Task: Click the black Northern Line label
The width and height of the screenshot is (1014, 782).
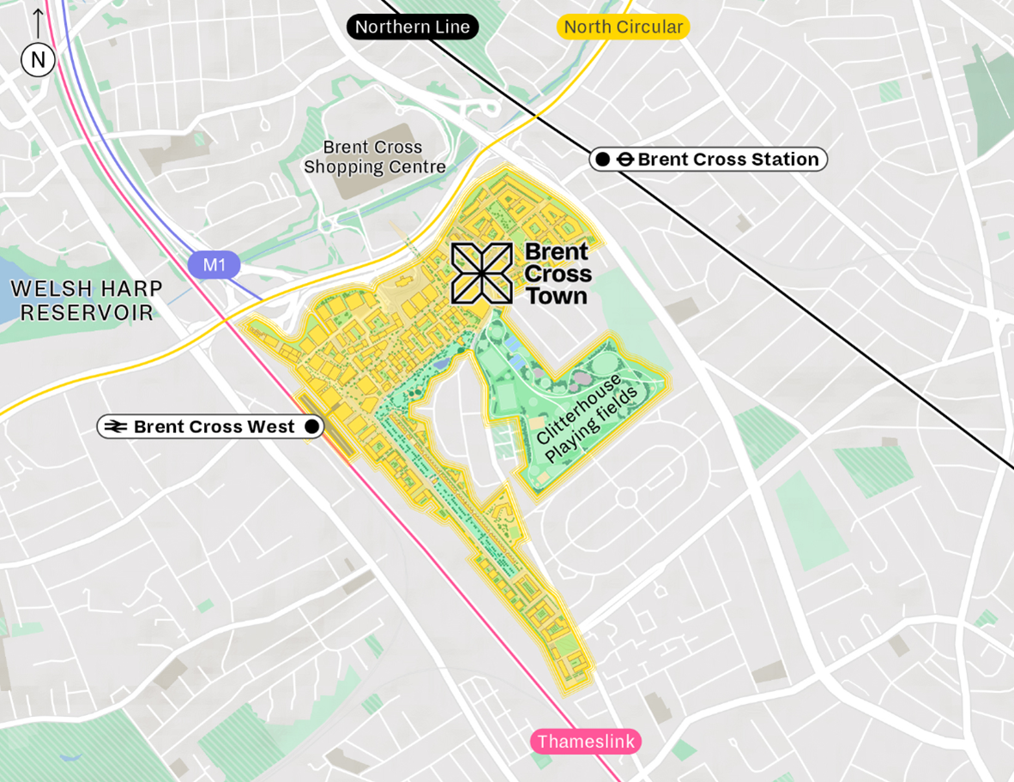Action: coord(413,27)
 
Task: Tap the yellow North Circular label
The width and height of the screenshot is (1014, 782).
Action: coord(624,27)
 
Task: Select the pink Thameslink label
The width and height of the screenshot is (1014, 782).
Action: coord(586,742)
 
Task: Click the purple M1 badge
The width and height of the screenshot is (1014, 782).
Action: coord(214,265)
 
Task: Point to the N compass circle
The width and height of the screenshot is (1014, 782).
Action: coord(38,60)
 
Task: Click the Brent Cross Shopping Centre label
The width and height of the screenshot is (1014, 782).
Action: coord(375,158)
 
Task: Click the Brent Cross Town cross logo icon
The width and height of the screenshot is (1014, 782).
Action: coord(482,274)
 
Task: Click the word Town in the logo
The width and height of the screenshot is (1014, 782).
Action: coord(556,297)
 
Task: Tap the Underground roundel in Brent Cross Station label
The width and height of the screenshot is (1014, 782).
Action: coord(626,159)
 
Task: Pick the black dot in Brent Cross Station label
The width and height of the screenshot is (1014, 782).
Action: coord(603,159)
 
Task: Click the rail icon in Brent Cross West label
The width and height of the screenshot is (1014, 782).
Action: coord(116,427)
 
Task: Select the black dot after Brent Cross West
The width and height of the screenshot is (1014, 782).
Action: coord(311,426)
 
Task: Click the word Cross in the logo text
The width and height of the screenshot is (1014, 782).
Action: coord(558,274)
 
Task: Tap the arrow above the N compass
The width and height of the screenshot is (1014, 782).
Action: coord(38,22)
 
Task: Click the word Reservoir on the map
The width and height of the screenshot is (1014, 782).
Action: coord(87,313)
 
